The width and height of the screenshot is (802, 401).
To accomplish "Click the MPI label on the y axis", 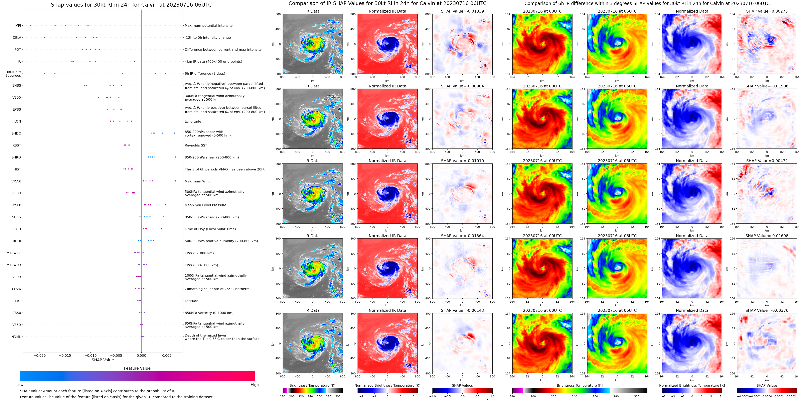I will coord(18,26).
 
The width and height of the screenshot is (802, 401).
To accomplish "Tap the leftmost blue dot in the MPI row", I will coord(30,25).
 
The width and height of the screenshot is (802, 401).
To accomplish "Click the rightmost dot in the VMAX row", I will coord(175,181).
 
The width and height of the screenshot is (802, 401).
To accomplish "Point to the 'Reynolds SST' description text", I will coord(196,145).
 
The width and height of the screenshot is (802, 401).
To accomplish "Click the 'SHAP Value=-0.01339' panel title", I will coord(462,11).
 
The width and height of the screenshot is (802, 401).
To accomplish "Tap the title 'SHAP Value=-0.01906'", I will coord(767,86).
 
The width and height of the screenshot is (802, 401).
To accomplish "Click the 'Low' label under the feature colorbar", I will coord(20,385).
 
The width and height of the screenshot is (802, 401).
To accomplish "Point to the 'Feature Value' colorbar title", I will coord(137,368).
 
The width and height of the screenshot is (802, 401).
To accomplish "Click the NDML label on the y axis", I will coord(16,337).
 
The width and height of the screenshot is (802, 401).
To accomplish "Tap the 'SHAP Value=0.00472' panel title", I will coord(767,161).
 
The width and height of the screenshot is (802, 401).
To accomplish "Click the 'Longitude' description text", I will coord(193,121).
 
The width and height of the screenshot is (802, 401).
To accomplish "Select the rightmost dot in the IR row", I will coord(134,61).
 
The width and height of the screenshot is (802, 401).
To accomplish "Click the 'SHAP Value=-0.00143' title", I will coord(462,310).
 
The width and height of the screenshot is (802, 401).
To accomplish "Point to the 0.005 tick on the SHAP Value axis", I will coord(167,355).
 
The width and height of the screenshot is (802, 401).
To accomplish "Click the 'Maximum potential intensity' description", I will coord(209,26).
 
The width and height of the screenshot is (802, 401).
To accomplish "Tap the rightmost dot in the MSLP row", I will coord(165,205).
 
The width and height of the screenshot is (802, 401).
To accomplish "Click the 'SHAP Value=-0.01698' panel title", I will coord(767,236).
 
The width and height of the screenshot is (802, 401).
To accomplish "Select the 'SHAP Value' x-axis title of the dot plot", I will coord(103,360).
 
